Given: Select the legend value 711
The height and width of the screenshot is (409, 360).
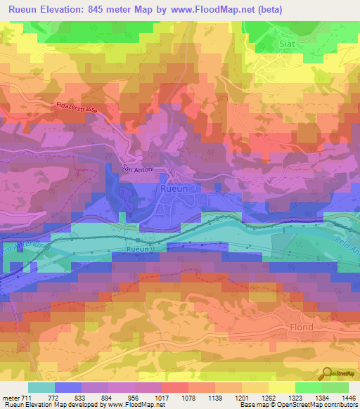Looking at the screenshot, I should [26, 398].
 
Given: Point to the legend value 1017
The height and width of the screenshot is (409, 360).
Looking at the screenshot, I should [175, 398].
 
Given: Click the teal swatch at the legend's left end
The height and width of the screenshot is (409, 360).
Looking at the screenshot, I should [41, 387].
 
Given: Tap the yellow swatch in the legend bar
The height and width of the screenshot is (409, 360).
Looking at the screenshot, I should [281, 387].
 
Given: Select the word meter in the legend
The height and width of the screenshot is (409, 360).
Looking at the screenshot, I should [10, 398].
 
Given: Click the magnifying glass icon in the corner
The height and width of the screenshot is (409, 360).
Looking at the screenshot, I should [328, 375].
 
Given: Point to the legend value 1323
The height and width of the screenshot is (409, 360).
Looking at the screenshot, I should [285, 398].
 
